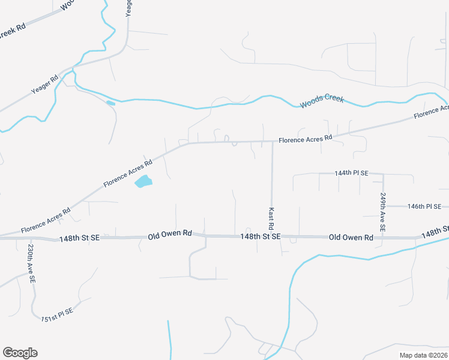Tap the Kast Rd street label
pyautogui.click(x=271, y=219)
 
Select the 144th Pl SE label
pyautogui.click(x=351, y=173)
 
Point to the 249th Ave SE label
pyautogui.click(x=382, y=213)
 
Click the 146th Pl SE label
pyautogui.click(x=424, y=206)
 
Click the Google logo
pyautogui.click(x=20, y=353)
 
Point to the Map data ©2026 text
pyautogui.click(x=423, y=355)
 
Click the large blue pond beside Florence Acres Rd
pyautogui.click(x=143, y=181)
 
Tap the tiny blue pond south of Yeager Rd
pyautogui.click(x=110, y=103)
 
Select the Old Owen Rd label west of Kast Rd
pyautogui.click(x=170, y=233)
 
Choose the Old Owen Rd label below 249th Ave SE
pyautogui.click(x=351, y=238)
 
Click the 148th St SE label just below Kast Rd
pyautogui.click(x=260, y=236)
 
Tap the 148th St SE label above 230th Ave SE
pyautogui.click(x=79, y=239)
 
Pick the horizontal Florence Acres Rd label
pyautogui.click(x=305, y=139)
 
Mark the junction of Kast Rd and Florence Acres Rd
pyautogui.click(x=273, y=142)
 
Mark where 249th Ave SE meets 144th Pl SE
pyautogui.click(x=382, y=173)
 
